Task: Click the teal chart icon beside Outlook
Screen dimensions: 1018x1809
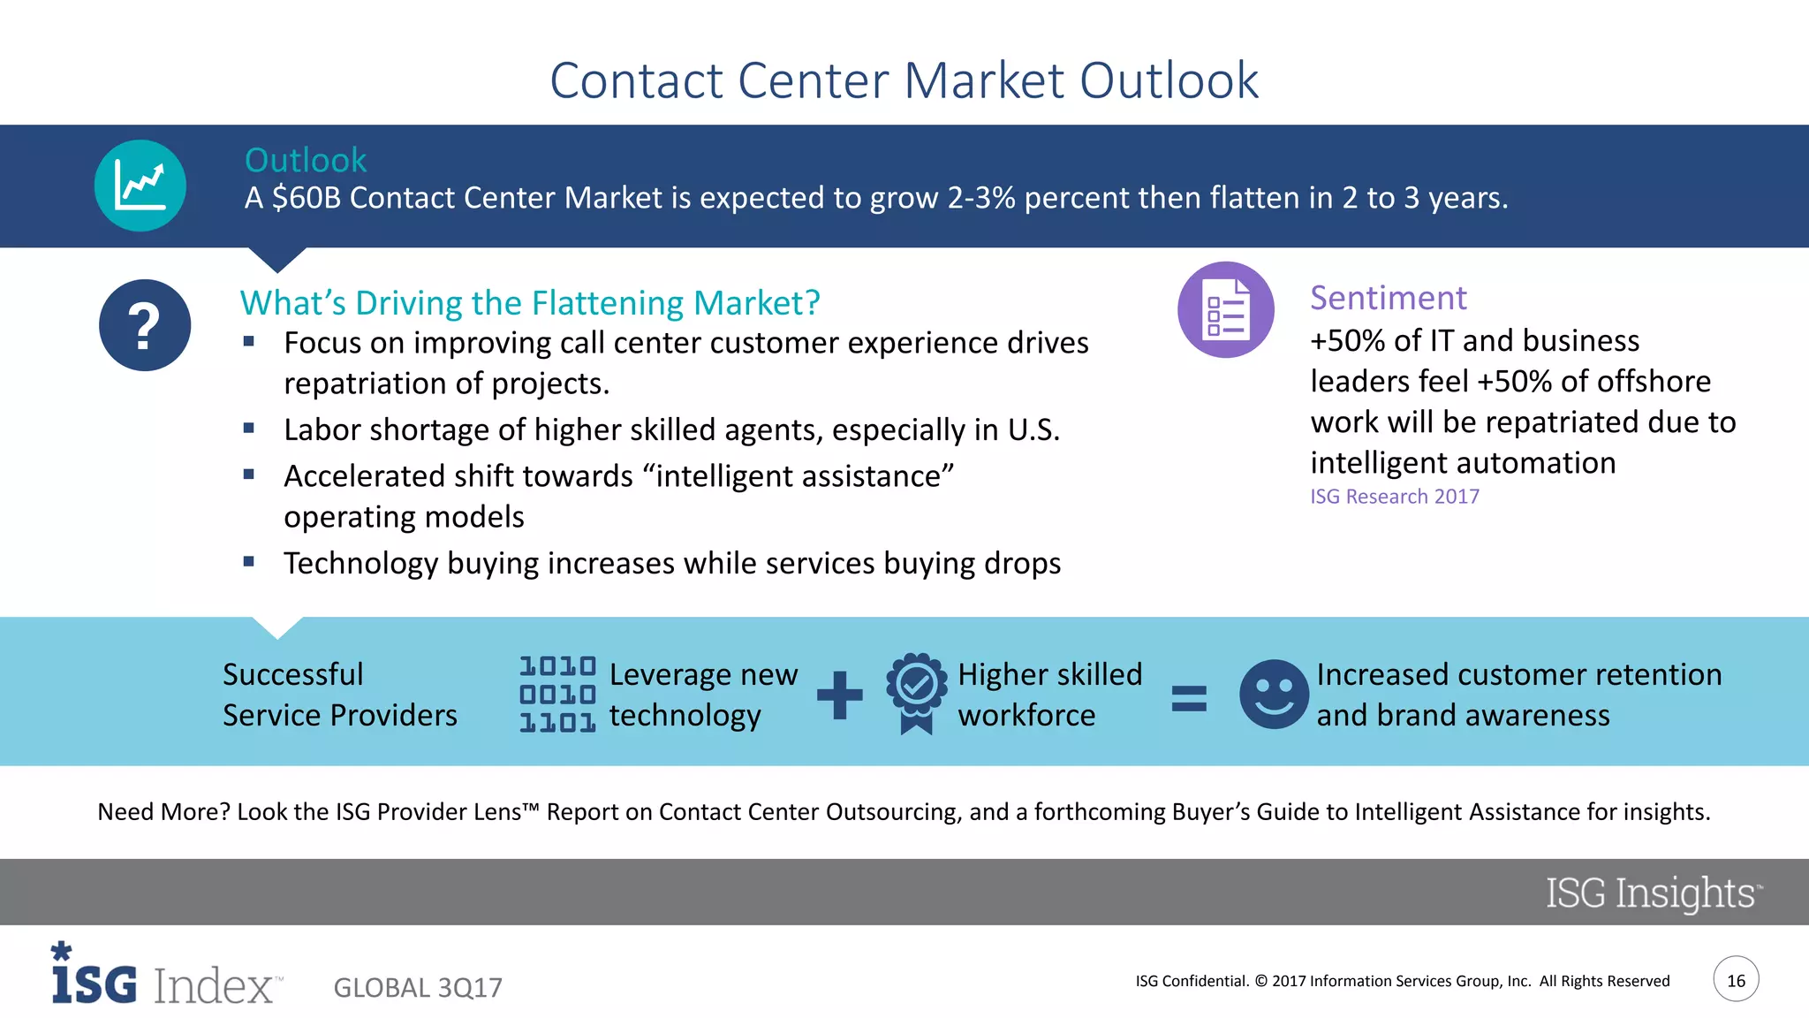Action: pyautogui.click(x=140, y=186)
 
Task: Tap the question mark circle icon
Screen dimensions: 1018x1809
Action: pyautogui.click(x=145, y=325)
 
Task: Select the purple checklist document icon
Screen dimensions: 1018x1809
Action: pyautogui.click(x=1225, y=310)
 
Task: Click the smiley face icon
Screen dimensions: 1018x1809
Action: pyautogui.click(x=1273, y=695)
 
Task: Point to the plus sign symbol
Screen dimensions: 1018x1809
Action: pyautogui.click(x=839, y=695)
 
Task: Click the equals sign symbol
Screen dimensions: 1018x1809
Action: pyautogui.click(x=1189, y=698)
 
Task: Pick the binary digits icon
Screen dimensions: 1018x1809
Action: pyautogui.click(x=557, y=695)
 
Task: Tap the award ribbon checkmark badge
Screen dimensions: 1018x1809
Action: pyautogui.click(x=916, y=692)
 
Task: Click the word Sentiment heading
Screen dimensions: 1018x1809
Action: pyautogui.click(x=1388, y=298)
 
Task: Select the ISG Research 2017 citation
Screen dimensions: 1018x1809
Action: pyautogui.click(x=1394, y=497)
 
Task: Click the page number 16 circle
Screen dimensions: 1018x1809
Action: pyautogui.click(x=1736, y=980)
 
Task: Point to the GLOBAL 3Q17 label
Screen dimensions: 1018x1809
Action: pyautogui.click(x=418, y=987)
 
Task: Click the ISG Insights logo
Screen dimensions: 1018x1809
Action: pyautogui.click(x=1651, y=893)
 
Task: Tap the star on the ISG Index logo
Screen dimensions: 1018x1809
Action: pyautogui.click(x=61, y=951)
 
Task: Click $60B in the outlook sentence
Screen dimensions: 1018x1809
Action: pyautogui.click(x=306, y=198)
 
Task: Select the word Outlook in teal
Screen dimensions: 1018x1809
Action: pyautogui.click(x=305, y=160)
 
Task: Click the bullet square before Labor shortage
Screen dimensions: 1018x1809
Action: pyautogui.click(x=249, y=429)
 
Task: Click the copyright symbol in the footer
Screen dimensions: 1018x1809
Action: pyautogui.click(x=1260, y=981)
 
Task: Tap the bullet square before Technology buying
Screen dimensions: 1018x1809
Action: pyautogui.click(x=249, y=562)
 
